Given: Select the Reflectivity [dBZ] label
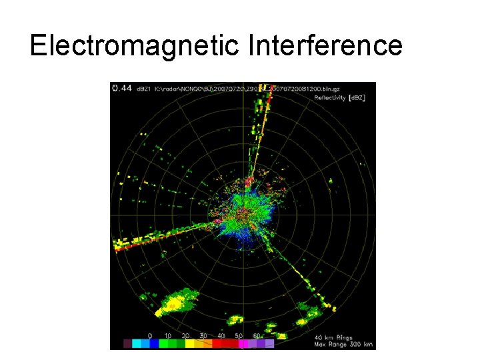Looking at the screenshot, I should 339,97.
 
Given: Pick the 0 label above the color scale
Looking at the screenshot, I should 150,336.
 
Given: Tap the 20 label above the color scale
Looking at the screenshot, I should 185,336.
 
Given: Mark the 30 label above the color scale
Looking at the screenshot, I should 203,336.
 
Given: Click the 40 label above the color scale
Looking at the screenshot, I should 221,336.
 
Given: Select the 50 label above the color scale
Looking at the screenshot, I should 239,336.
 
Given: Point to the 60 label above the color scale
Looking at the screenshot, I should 257,336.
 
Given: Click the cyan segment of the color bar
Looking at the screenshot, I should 137,344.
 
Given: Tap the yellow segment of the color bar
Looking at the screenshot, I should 191,344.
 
